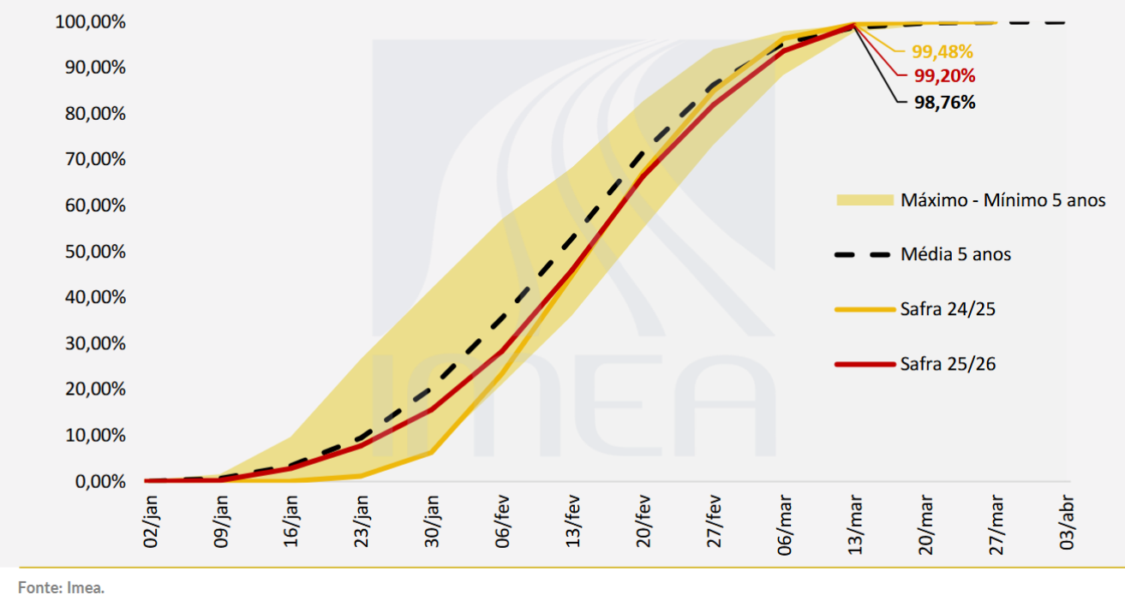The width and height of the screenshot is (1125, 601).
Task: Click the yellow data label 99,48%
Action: point(942,51)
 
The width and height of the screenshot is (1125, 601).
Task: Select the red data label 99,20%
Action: point(944,76)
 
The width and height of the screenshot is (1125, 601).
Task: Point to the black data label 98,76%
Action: point(944,103)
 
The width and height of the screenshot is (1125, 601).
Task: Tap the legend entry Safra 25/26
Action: point(948,365)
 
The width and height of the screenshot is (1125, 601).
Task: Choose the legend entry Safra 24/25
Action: point(948,309)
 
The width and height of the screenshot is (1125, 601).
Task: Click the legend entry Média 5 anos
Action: point(955,254)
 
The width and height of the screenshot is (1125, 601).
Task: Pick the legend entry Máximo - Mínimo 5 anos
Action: point(1002,200)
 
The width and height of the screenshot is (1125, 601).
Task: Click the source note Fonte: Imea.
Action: point(61,588)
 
